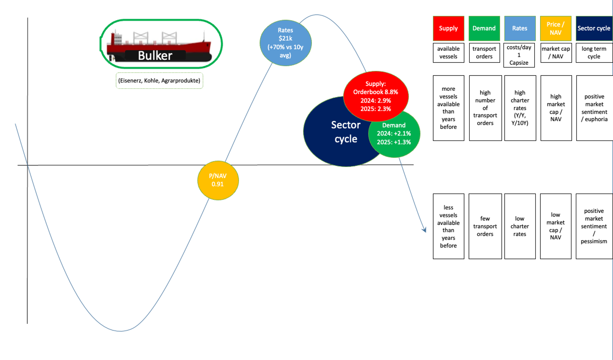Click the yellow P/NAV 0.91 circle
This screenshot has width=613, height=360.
[x=218, y=180]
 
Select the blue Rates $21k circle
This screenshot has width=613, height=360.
[x=285, y=43]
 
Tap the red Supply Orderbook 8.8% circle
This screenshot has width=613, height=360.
[x=375, y=96]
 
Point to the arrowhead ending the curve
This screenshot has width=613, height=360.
[x=424, y=230]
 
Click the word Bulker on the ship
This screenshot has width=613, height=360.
[x=155, y=55]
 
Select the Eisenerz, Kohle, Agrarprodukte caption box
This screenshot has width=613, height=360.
[x=159, y=80]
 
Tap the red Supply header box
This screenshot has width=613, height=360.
[x=448, y=28]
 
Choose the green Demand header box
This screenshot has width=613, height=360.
[x=484, y=28]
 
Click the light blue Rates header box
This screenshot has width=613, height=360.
[x=519, y=28]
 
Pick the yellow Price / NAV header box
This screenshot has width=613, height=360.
[x=555, y=28]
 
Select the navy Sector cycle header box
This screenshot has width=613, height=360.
[x=594, y=28]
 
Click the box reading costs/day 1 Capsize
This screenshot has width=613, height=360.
[x=519, y=55]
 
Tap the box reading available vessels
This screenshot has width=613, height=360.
[x=448, y=53]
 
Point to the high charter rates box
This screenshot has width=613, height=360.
[x=520, y=108]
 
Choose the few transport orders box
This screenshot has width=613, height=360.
[x=485, y=226]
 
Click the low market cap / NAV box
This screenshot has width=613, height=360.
[x=555, y=226]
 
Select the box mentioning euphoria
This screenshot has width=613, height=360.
[x=594, y=108]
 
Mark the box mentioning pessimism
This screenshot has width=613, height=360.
[x=594, y=226]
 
